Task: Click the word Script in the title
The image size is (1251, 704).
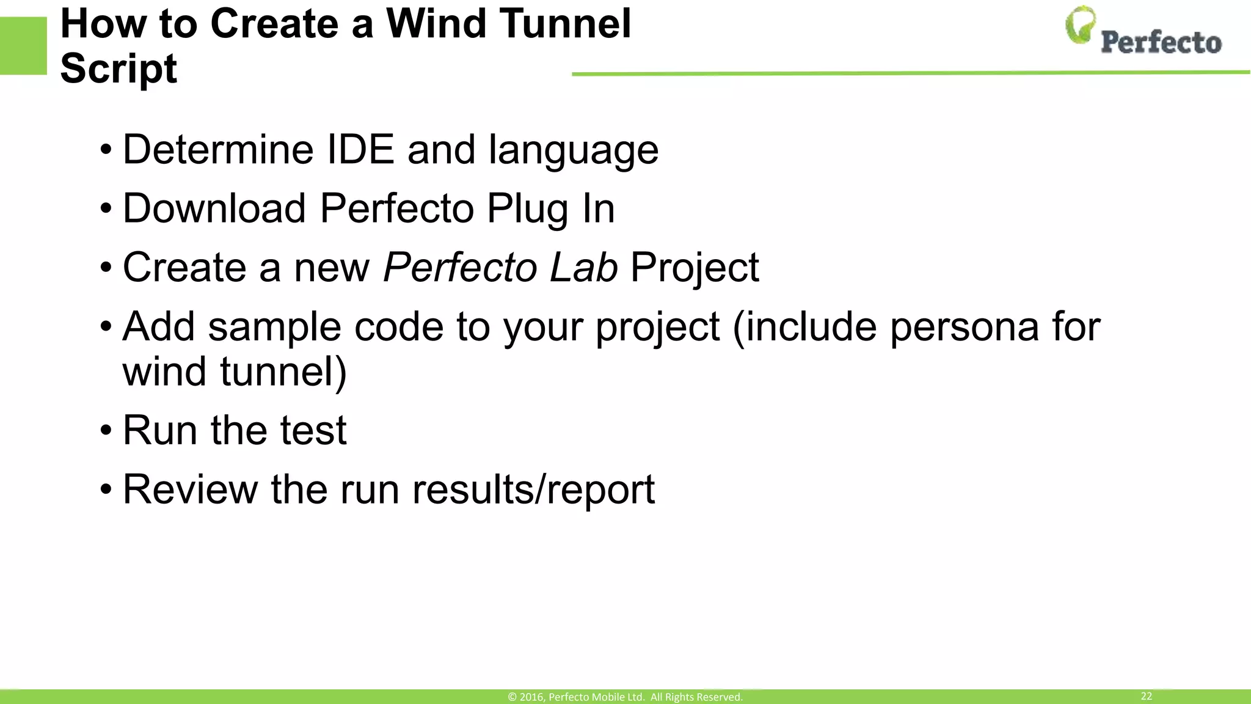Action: (x=119, y=68)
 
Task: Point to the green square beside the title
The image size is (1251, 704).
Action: (x=23, y=46)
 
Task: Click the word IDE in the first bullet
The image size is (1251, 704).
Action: (x=360, y=149)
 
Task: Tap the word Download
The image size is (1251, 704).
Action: (x=214, y=208)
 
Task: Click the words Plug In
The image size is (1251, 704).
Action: (x=550, y=209)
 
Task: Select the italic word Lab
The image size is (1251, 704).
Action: (x=583, y=267)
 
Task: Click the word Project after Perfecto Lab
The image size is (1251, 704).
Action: (x=695, y=268)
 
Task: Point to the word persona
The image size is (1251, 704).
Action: (x=964, y=326)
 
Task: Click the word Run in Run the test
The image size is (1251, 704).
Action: (x=160, y=430)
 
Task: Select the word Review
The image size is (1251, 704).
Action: (x=190, y=489)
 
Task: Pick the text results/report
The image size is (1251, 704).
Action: (x=533, y=490)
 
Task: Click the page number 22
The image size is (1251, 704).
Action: (x=1146, y=696)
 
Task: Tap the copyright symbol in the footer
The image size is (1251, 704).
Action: (x=512, y=697)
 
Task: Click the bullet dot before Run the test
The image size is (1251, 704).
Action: (x=106, y=431)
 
